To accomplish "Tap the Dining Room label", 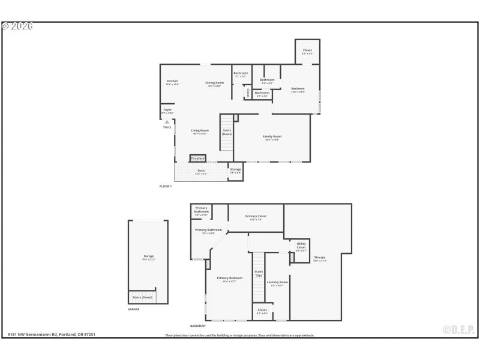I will [x=214, y=83].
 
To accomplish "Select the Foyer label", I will [x=167, y=110].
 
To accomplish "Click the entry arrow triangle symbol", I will [x=167, y=122].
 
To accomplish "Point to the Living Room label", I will [x=200, y=131].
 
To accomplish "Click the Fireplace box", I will [x=198, y=158].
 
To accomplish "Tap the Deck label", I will [x=201, y=170].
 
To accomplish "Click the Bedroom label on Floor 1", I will [x=298, y=89].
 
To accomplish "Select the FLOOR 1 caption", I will [x=166, y=187].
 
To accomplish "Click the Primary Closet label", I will [x=256, y=217].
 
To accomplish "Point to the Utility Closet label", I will [x=301, y=245].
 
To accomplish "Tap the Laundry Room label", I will [x=277, y=283].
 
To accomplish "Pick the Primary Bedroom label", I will [x=230, y=278].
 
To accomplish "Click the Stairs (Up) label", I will [x=259, y=273].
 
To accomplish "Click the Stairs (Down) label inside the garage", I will [x=142, y=297].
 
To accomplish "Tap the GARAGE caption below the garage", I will [x=133, y=309].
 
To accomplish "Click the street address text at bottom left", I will [x=52, y=335].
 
